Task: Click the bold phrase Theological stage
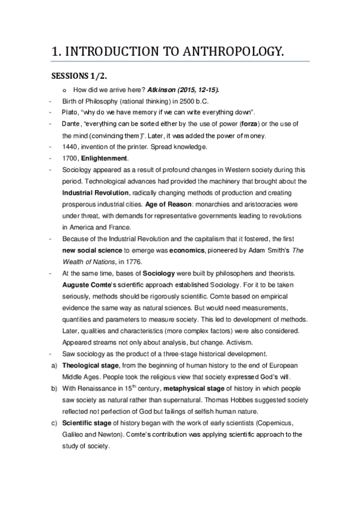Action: pyautogui.click(x=94, y=365)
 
